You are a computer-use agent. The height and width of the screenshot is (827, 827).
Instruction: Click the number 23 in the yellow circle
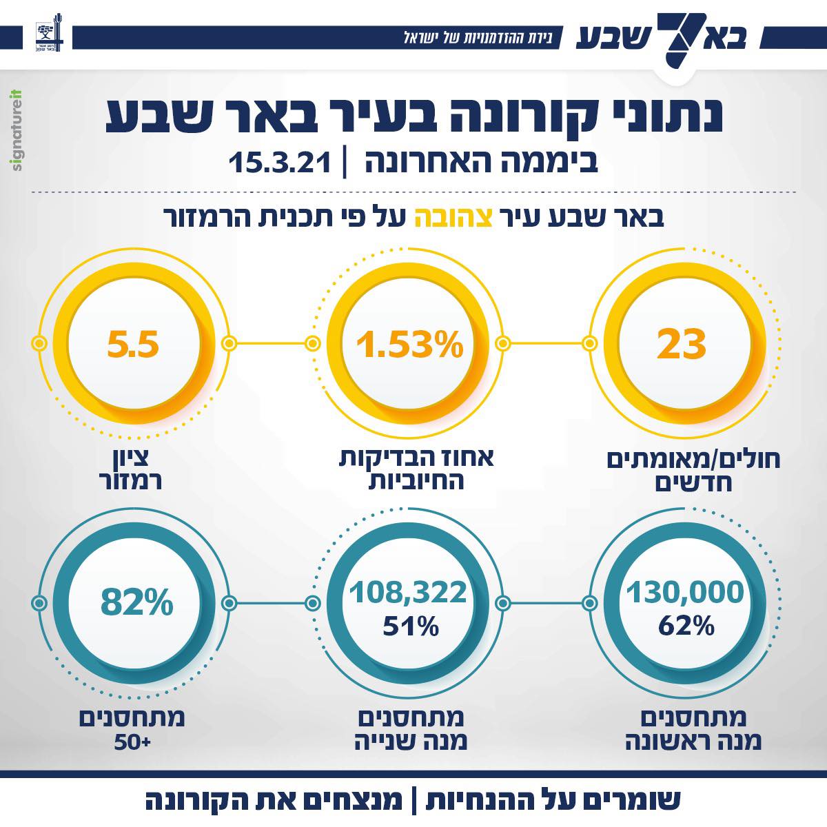coord(681,343)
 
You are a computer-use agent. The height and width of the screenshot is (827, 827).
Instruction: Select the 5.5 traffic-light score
coord(133,343)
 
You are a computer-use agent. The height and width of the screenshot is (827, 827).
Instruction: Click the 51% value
coord(411,626)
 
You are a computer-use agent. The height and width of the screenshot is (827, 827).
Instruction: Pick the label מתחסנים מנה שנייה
coord(411,731)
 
